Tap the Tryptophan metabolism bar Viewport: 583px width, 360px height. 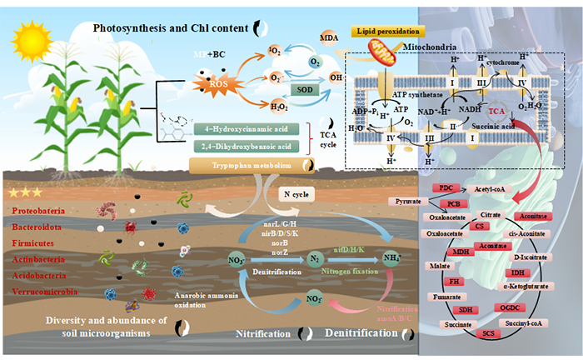[x=242, y=165]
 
